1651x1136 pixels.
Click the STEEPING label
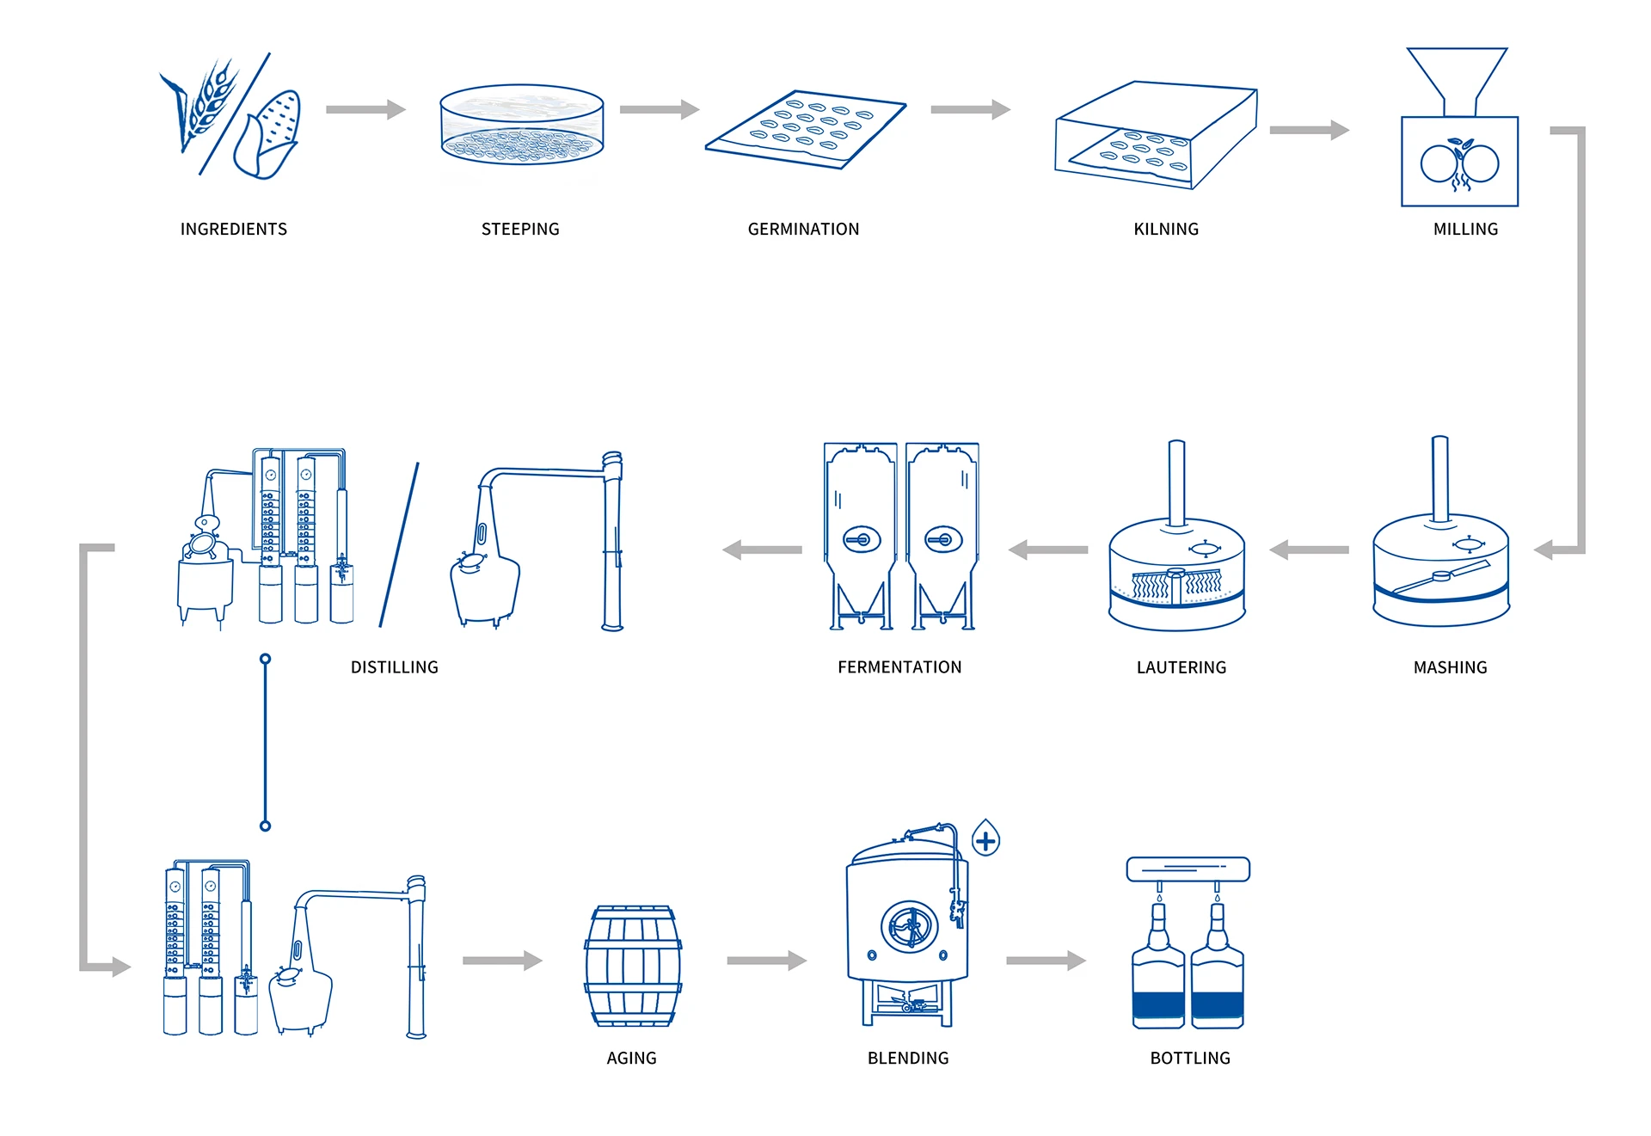pyautogui.click(x=520, y=229)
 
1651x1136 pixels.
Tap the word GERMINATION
pyautogui.click(x=803, y=229)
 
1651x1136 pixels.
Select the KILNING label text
pyautogui.click(x=1165, y=229)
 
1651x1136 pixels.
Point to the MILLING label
pyautogui.click(x=1465, y=229)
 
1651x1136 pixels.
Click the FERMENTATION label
pyautogui.click(x=899, y=667)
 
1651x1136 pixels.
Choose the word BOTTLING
pyautogui.click(x=1190, y=1058)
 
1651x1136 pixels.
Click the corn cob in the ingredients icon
pyautogui.click(x=270, y=133)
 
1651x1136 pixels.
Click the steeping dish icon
pyautogui.click(x=522, y=125)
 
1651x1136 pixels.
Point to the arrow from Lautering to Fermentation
pyautogui.click(x=1048, y=550)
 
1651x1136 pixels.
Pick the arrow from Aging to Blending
pyautogui.click(x=766, y=961)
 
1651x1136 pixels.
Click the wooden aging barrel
pyautogui.click(x=633, y=966)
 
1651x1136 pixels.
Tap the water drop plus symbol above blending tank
pyautogui.click(x=985, y=838)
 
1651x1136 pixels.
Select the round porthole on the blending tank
pyautogui.click(x=908, y=927)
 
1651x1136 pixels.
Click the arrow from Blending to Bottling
pyautogui.click(x=1046, y=961)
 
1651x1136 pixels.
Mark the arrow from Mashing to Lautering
pyautogui.click(x=1309, y=550)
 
